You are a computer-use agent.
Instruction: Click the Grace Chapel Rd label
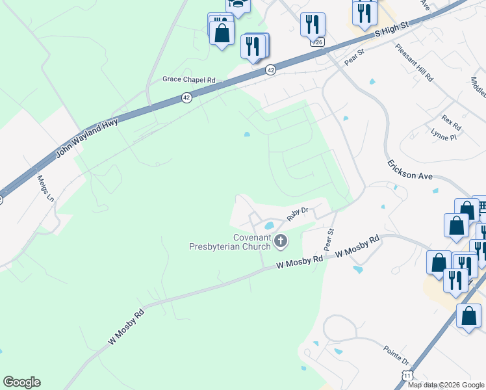point(188,80)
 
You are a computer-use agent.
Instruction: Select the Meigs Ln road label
point(45,188)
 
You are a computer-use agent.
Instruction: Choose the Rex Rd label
point(450,122)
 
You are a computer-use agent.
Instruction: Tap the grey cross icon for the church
point(281,242)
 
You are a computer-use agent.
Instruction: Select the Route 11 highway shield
point(407,376)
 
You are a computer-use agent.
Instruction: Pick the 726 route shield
point(317,42)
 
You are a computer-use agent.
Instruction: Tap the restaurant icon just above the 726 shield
point(313,25)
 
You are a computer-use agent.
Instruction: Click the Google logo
point(21,382)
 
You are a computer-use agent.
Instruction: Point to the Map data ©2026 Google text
point(446,385)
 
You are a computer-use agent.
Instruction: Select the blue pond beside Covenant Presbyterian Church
point(268,226)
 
